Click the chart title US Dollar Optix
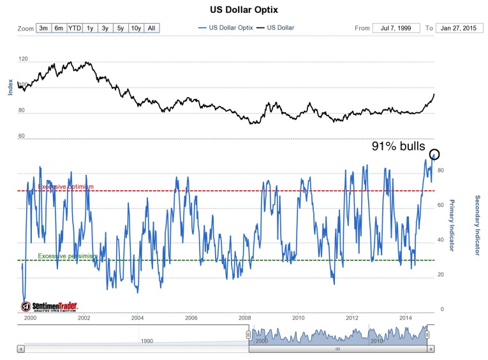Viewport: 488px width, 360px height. point(244,10)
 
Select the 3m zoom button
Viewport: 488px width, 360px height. point(44,28)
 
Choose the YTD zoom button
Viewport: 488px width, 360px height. point(75,28)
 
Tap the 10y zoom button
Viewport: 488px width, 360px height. point(135,28)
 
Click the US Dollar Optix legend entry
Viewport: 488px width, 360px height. point(227,28)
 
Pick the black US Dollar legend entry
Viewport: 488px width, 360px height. point(277,28)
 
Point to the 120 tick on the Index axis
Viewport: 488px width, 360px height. point(24,59)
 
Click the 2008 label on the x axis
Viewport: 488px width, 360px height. point(244,317)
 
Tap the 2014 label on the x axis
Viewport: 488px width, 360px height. point(405,317)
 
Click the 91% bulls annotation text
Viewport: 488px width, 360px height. point(398,147)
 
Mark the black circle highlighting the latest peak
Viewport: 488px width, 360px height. point(435,154)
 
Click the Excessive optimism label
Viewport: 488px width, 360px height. point(66,186)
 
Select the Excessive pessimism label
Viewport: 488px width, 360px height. point(68,256)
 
